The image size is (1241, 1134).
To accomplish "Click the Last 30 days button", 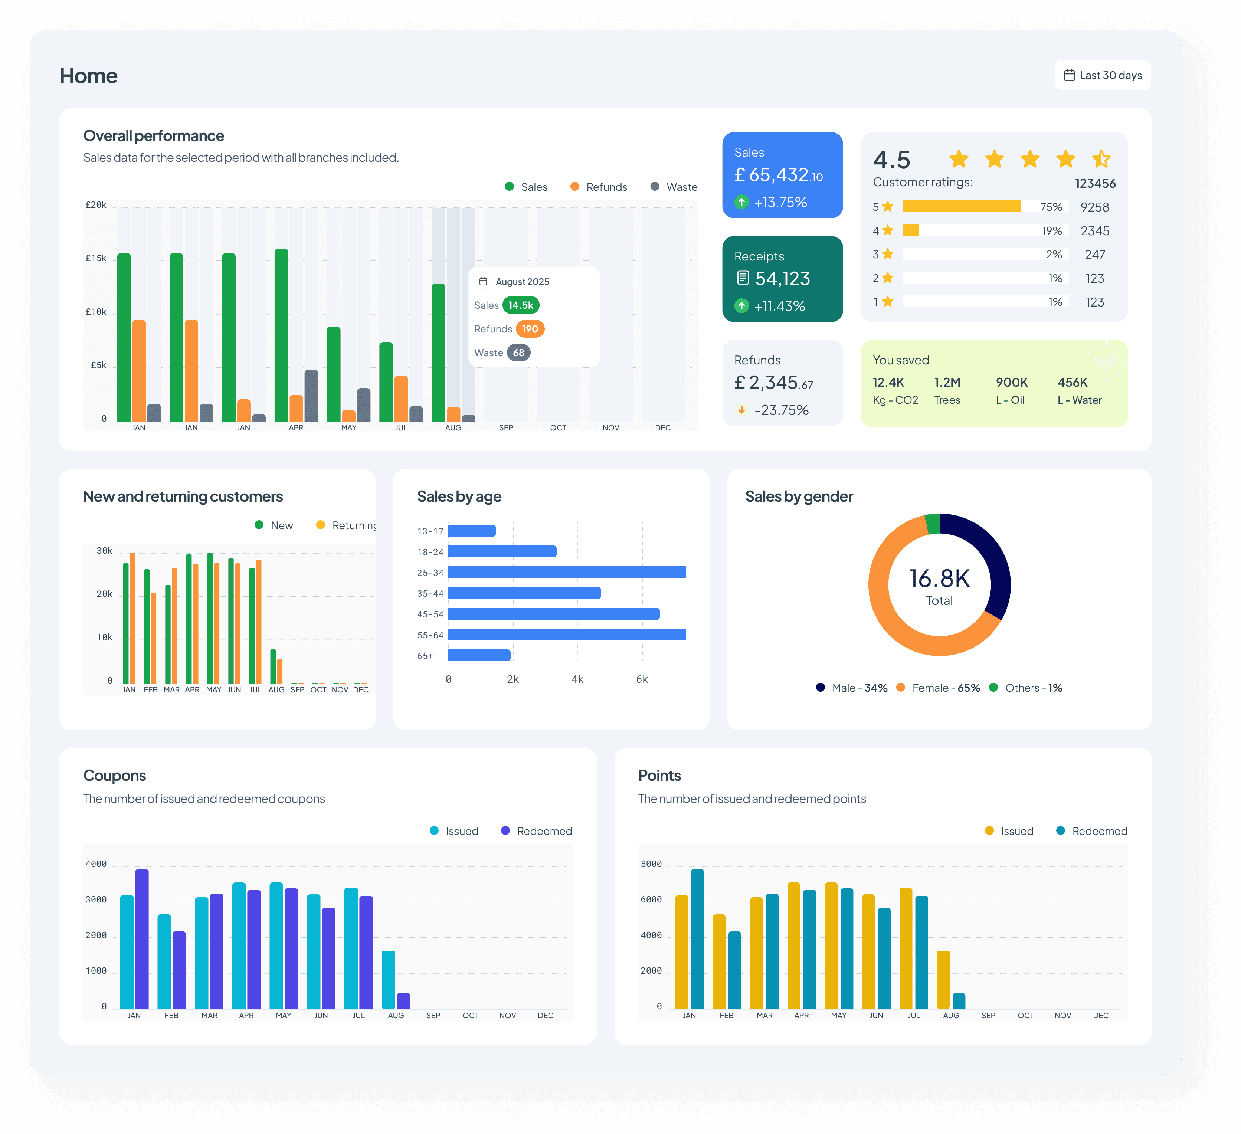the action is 1103,75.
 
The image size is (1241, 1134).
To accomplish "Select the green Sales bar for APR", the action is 281,335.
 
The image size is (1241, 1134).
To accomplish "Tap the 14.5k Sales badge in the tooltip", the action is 521,305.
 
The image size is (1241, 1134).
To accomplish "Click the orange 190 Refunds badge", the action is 530,329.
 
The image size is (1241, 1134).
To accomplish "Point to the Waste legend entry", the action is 674,187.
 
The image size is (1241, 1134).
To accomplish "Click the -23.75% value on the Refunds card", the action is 781,410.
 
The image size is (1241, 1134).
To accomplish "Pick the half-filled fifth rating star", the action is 1101,159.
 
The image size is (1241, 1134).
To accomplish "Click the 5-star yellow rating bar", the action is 961,206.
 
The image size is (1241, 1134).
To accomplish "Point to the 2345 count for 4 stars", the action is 1094,231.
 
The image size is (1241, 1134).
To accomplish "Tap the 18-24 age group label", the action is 430,552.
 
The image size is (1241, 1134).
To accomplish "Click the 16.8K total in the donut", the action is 939,579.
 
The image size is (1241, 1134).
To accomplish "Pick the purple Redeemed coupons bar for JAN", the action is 142,939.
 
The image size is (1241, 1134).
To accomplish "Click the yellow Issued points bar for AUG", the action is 943,980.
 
